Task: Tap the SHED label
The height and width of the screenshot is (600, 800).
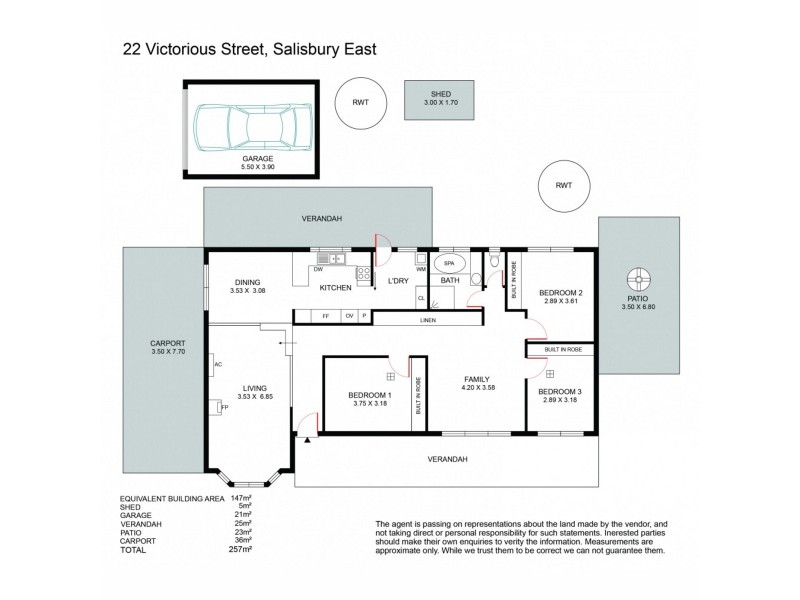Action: pyautogui.click(x=440, y=92)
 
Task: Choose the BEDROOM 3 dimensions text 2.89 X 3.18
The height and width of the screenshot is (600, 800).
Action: pyautogui.click(x=558, y=400)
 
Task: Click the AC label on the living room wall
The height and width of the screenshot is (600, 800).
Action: pyautogui.click(x=217, y=364)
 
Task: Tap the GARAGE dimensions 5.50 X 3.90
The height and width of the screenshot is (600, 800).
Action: pyautogui.click(x=244, y=166)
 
